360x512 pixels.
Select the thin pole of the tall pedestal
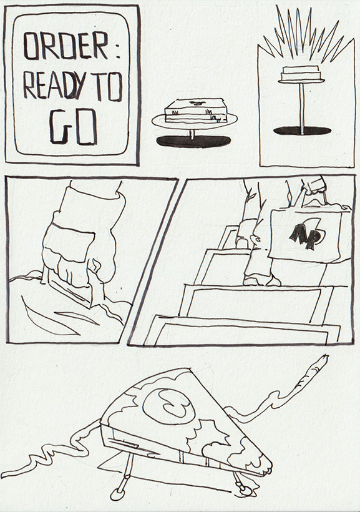coord(301,106)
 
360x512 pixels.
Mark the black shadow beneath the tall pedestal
coord(302,130)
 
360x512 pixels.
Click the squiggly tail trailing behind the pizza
coord(44,456)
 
